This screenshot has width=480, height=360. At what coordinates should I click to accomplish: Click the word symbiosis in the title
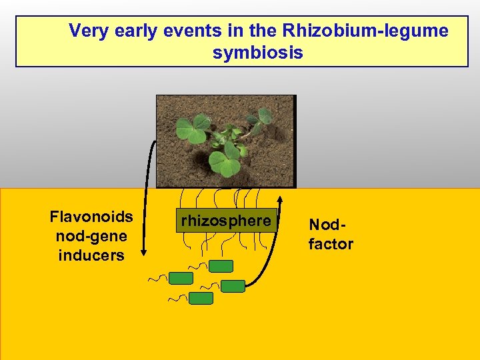[x=258, y=53]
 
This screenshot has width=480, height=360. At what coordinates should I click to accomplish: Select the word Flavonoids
[x=91, y=217]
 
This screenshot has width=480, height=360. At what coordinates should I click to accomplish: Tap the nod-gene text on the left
[x=91, y=236]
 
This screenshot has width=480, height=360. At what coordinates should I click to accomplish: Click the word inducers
[x=91, y=255]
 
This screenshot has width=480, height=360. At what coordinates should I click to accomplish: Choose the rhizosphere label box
[x=226, y=221]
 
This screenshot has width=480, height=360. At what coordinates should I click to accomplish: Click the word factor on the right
[x=331, y=244]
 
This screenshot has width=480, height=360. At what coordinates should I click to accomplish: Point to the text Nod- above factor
[x=325, y=225]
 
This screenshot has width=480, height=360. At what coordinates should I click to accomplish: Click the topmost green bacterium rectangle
[x=221, y=266]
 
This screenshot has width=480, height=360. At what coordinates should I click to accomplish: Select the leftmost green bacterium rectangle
[x=180, y=278]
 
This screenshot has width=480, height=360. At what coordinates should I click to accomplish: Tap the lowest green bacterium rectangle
[x=201, y=298]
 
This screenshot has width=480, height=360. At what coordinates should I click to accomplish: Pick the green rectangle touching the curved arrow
[x=233, y=286]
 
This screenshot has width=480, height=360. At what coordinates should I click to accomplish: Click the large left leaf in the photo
[x=191, y=131]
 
